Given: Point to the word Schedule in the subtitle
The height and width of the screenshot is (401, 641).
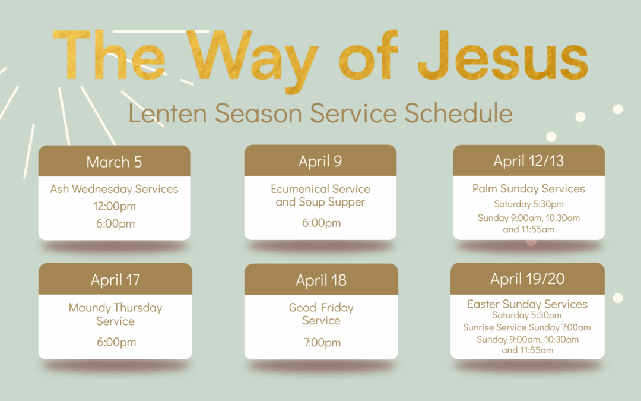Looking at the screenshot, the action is [458, 113].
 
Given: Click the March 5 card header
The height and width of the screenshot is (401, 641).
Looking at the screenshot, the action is [114, 161].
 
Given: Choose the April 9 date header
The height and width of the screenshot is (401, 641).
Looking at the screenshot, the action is [320, 160].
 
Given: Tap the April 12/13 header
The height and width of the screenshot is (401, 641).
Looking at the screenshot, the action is [529, 160].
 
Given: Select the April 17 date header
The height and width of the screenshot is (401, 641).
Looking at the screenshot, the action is [115, 279].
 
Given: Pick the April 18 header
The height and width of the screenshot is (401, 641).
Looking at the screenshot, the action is [321, 279].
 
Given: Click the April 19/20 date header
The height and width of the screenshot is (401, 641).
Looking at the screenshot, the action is [528, 279].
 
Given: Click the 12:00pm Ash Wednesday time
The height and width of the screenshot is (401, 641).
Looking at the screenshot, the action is [115, 206].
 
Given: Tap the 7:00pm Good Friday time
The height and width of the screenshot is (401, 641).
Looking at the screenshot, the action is [322, 343].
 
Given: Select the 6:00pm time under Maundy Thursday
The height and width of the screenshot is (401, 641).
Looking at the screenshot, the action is [116, 342].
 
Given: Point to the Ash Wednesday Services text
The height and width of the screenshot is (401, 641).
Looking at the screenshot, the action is [114, 189].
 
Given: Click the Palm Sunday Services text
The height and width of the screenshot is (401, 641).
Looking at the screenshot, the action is [529, 189].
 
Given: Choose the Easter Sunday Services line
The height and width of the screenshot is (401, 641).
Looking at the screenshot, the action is [528, 304].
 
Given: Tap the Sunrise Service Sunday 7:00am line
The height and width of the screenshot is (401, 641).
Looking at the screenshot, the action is [526, 327].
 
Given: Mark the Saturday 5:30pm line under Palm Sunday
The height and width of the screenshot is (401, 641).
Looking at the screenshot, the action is [529, 204].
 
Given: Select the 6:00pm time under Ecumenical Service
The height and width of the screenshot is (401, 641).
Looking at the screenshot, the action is [321, 223].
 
